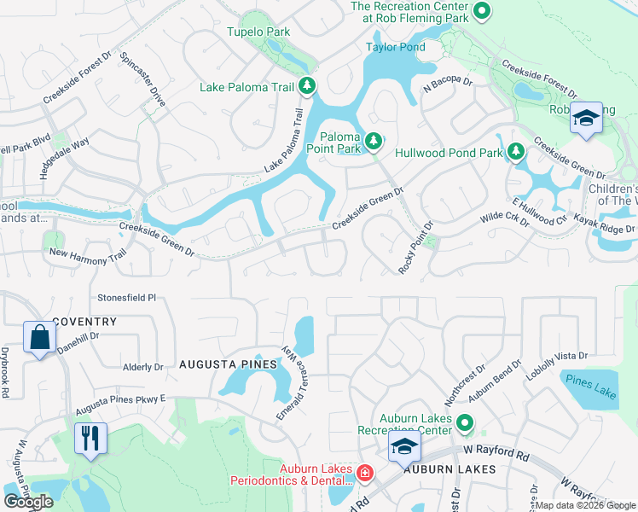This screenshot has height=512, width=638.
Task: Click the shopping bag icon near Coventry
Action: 39,338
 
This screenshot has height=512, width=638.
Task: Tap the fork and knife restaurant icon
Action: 90,439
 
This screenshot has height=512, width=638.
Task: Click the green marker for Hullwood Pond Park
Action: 514,152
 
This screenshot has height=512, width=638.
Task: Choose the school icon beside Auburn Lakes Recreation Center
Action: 404,446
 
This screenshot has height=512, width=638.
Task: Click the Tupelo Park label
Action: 258,32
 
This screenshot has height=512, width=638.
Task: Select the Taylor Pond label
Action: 395,47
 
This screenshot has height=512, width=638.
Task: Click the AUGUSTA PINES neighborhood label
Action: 228,364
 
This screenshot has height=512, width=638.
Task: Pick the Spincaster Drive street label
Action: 143,78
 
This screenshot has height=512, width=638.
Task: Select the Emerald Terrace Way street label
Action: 291,382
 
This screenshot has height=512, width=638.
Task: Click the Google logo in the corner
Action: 28,502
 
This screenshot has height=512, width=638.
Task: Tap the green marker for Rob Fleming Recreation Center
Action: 482,12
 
